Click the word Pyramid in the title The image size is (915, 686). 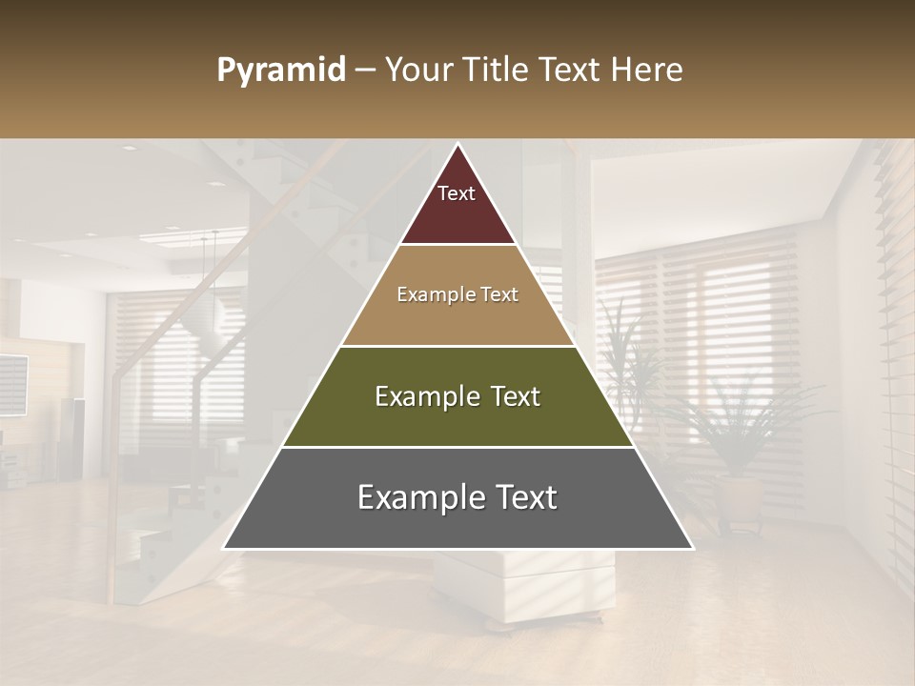(280, 71)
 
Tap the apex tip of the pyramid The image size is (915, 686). (457, 146)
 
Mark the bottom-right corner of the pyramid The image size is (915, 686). (691, 548)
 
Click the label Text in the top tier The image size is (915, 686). (457, 193)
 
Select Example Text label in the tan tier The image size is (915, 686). (457, 294)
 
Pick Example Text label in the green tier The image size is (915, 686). (457, 396)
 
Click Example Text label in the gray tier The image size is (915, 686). (457, 497)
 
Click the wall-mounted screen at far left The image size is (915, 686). (11, 383)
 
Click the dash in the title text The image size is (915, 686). (363, 71)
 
